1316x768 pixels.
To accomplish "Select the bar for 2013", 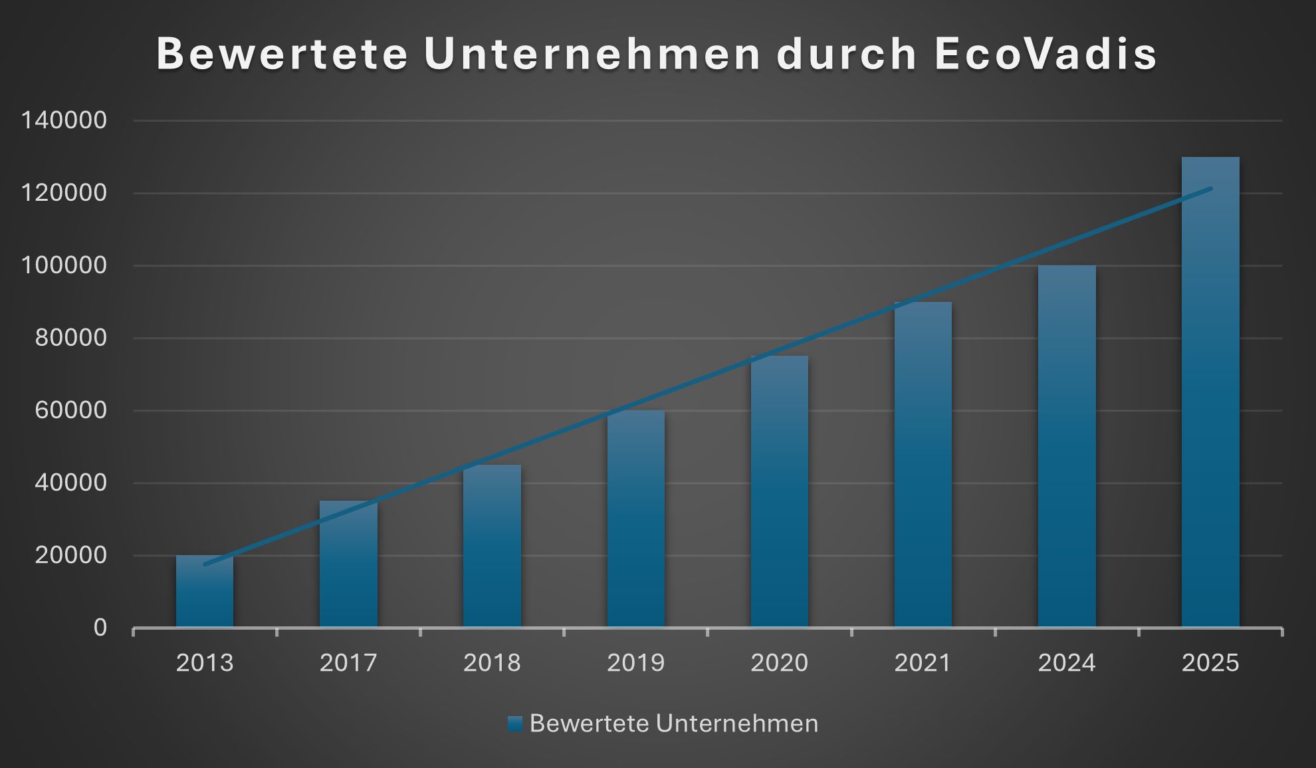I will point(205,592).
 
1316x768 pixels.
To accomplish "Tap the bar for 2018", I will point(492,546).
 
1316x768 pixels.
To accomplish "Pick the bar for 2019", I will point(635,519).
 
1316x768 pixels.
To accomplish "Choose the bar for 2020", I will point(779,491).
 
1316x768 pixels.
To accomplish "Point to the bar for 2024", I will point(1067,446).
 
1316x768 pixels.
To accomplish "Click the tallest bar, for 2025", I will point(1210,392).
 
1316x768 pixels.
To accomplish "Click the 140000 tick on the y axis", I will point(64,120).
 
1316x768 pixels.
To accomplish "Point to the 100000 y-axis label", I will point(64,265).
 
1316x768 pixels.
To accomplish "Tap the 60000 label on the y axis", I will point(70,410).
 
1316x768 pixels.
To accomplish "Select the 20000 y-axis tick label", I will point(70,555).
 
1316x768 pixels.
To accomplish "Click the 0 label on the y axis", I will point(100,628).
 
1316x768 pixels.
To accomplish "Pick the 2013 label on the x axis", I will point(205,663).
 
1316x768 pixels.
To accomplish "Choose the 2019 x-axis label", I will point(635,663).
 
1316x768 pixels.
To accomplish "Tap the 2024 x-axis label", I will point(1067,663).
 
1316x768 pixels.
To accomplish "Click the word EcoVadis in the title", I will point(1045,53).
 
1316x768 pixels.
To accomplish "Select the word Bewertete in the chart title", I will point(282,53).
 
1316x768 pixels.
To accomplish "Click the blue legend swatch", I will point(514,723).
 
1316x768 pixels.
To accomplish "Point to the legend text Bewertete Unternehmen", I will point(674,723).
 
